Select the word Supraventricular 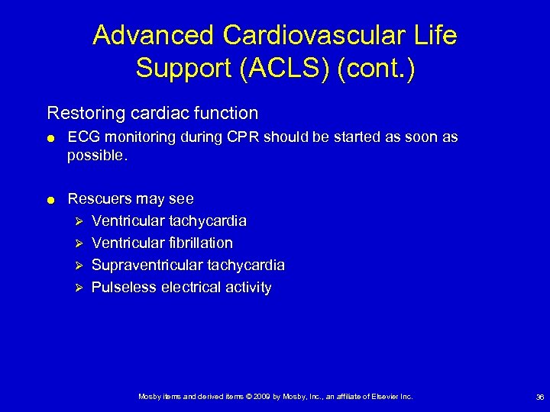click(144, 266)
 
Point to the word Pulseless click(124, 288)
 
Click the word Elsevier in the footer click(384, 397)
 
